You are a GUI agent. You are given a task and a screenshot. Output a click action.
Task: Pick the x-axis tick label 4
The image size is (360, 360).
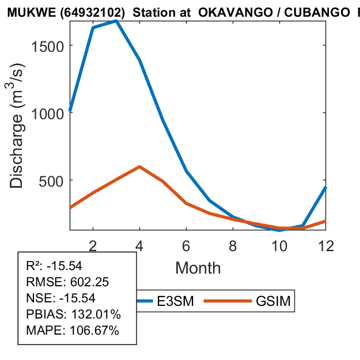click(x=139, y=245)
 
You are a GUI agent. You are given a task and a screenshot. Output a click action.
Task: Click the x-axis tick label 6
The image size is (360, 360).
click(x=186, y=245)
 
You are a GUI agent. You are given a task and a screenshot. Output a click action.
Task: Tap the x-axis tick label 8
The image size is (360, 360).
click(x=233, y=245)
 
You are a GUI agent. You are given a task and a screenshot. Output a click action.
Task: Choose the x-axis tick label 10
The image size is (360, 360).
click(x=279, y=245)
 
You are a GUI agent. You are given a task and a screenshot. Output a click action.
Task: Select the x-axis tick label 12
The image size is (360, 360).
click(x=325, y=245)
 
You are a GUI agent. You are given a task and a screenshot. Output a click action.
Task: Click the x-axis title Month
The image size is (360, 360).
click(x=198, y=268)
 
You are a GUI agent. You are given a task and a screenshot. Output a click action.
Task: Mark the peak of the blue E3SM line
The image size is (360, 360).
click(x=116, y=21)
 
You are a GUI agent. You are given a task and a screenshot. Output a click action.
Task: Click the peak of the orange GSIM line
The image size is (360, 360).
click(x=139, y=166)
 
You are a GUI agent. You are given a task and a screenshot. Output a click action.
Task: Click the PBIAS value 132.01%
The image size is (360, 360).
click(x=95, y=314)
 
